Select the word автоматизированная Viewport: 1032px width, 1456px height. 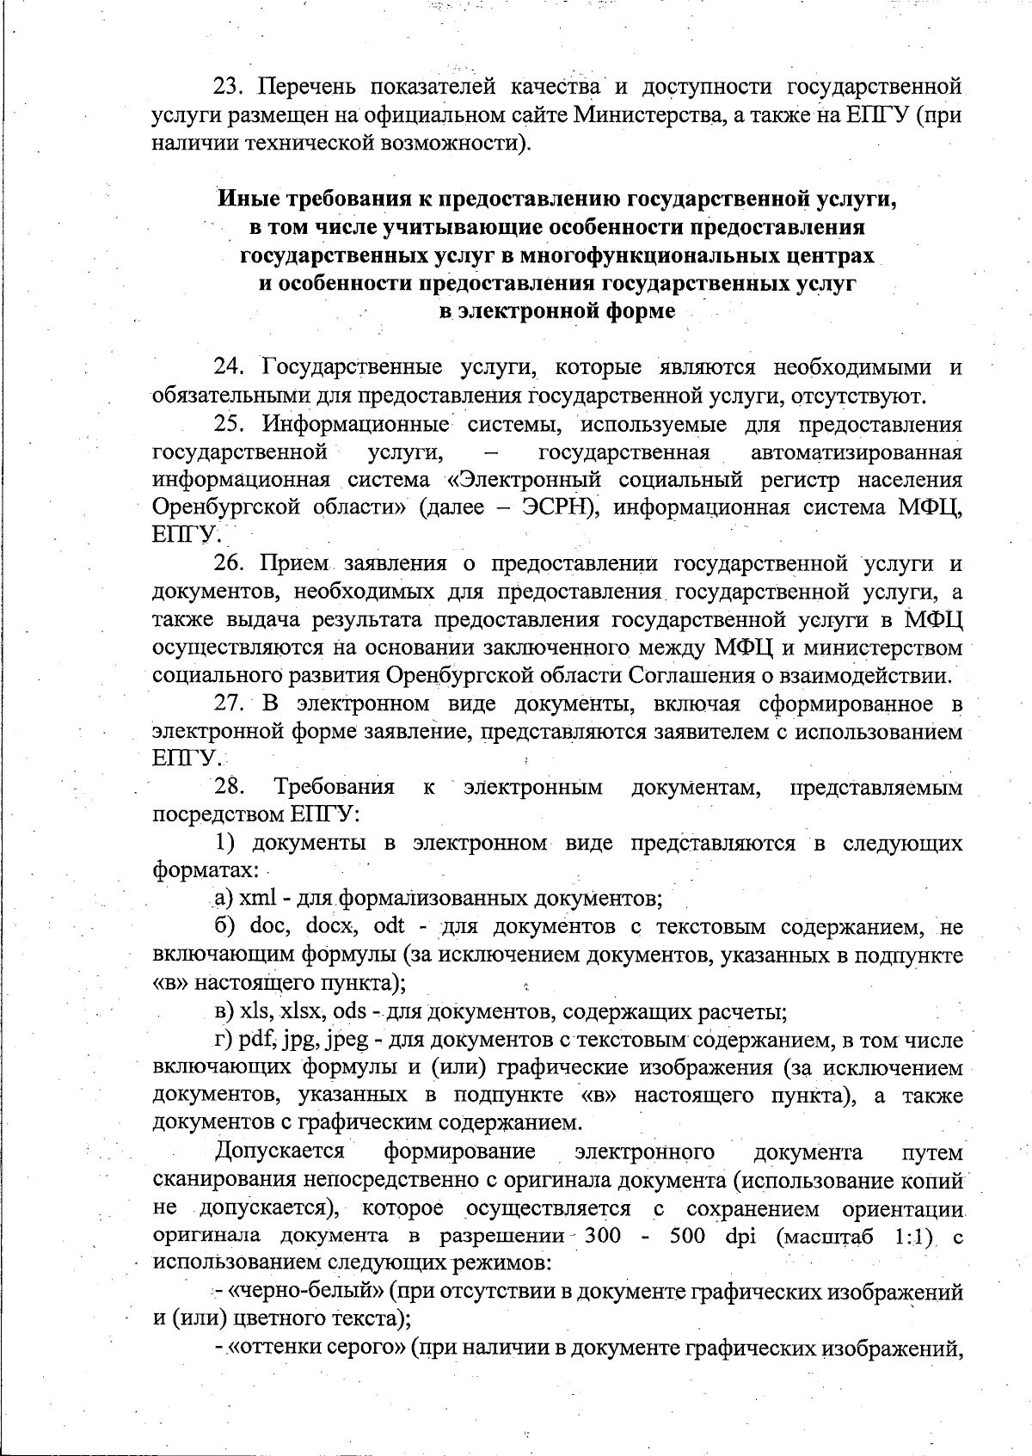pyautogui.click(x=856, y=452)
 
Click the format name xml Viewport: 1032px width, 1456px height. pyautogui.click(x=257, y=899)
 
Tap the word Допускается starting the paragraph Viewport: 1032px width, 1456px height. pyautogui.click(x=280, y=1152)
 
